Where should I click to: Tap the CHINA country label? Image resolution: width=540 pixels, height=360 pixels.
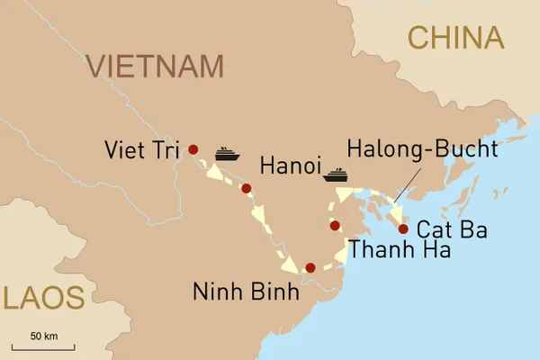coord(454,37)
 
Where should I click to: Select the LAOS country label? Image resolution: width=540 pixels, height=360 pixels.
coord(42,296)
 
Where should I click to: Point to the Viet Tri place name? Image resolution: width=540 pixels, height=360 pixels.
coord(143,148)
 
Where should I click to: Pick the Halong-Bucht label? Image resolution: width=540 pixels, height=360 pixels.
coord(422,148)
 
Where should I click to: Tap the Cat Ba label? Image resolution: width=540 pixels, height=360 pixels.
coord(452,230)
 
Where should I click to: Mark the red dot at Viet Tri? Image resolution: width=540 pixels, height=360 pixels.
coord(193,148)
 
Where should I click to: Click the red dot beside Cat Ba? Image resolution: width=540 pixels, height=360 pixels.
coord(402,228)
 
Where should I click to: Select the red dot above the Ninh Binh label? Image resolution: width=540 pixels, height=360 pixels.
coord(310,267)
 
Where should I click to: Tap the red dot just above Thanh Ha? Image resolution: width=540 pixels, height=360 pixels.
coord(335,225)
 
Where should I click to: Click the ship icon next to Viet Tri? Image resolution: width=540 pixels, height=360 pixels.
coord(227,154)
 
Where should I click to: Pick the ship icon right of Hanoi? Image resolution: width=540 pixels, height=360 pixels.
coord(337,174)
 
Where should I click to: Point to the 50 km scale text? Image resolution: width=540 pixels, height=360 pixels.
coord(43,336)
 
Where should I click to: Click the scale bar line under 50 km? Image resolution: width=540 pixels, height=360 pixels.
coord(43,346)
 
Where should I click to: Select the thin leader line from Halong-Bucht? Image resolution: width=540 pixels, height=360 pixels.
coord(403,184)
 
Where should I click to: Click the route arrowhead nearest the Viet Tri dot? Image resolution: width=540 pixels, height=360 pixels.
coord(214,172)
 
